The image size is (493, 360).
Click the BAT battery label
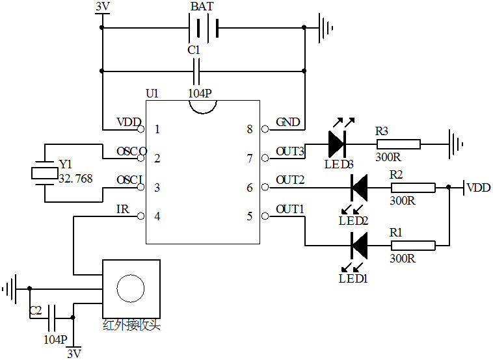coord(202,7)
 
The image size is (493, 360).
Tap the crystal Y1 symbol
coord(44,173)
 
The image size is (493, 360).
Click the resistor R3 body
coord(397,144)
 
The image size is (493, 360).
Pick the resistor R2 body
coord(412,188)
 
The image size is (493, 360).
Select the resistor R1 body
coord(412,246)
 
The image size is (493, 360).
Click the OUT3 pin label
coord(289,151)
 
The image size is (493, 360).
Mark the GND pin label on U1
coord(287,122)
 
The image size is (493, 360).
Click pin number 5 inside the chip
coord(249,216)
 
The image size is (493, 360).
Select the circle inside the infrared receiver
coord(131,288)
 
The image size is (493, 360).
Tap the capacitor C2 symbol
coord(53,317)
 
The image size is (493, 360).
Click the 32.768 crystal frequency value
coord(75,179)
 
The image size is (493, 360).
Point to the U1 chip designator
coord(152,94)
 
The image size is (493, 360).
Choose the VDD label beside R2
coord(479,188)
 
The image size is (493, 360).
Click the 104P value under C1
coord(200,94)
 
